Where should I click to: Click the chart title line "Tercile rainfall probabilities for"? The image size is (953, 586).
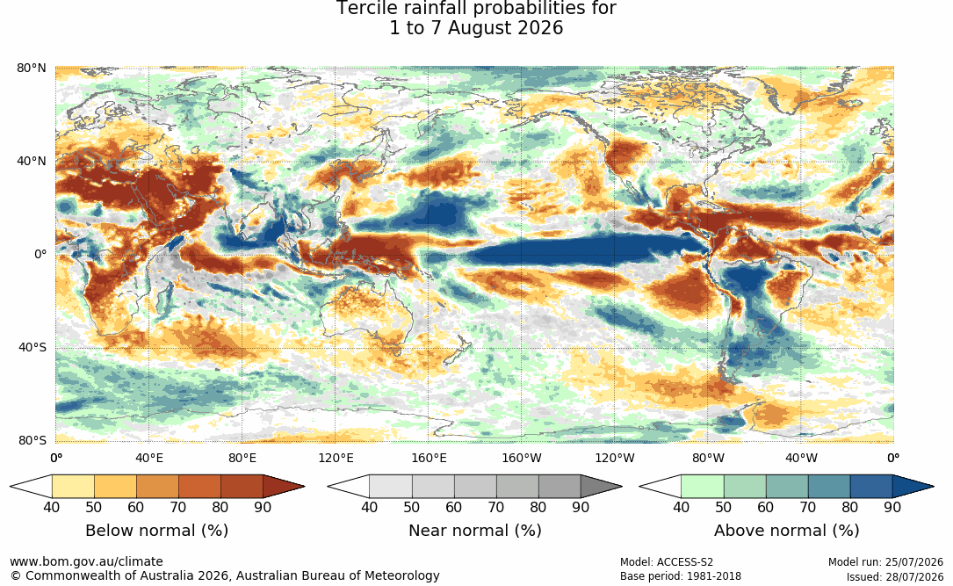pos(476,9)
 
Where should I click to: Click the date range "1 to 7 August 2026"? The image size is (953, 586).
pos(476,28)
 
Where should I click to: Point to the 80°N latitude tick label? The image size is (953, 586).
pos(31,68)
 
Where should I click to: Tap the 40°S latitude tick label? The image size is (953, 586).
pos(32,348)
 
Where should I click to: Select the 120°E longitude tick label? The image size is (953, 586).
pos(336,458)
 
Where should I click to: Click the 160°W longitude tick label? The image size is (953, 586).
pos(522,458)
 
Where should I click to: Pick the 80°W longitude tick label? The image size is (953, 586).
pos(708,458)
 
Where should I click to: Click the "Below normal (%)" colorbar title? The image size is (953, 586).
pos(157,531)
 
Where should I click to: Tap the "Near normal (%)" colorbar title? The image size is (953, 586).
pos(474,531)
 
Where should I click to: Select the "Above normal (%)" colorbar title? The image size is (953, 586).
pos(786,531)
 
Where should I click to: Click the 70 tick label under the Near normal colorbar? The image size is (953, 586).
pos(496,507)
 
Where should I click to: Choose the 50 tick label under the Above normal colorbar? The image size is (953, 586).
pos(723,507)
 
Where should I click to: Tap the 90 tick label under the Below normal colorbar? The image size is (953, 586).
pos(264,507)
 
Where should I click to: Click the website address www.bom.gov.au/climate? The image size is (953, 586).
pos(86,561)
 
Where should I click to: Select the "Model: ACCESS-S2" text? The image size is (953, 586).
pos(667,562)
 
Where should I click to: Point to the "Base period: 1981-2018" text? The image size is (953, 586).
pos(681,576)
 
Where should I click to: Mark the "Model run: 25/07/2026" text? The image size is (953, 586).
pos(885,562)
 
